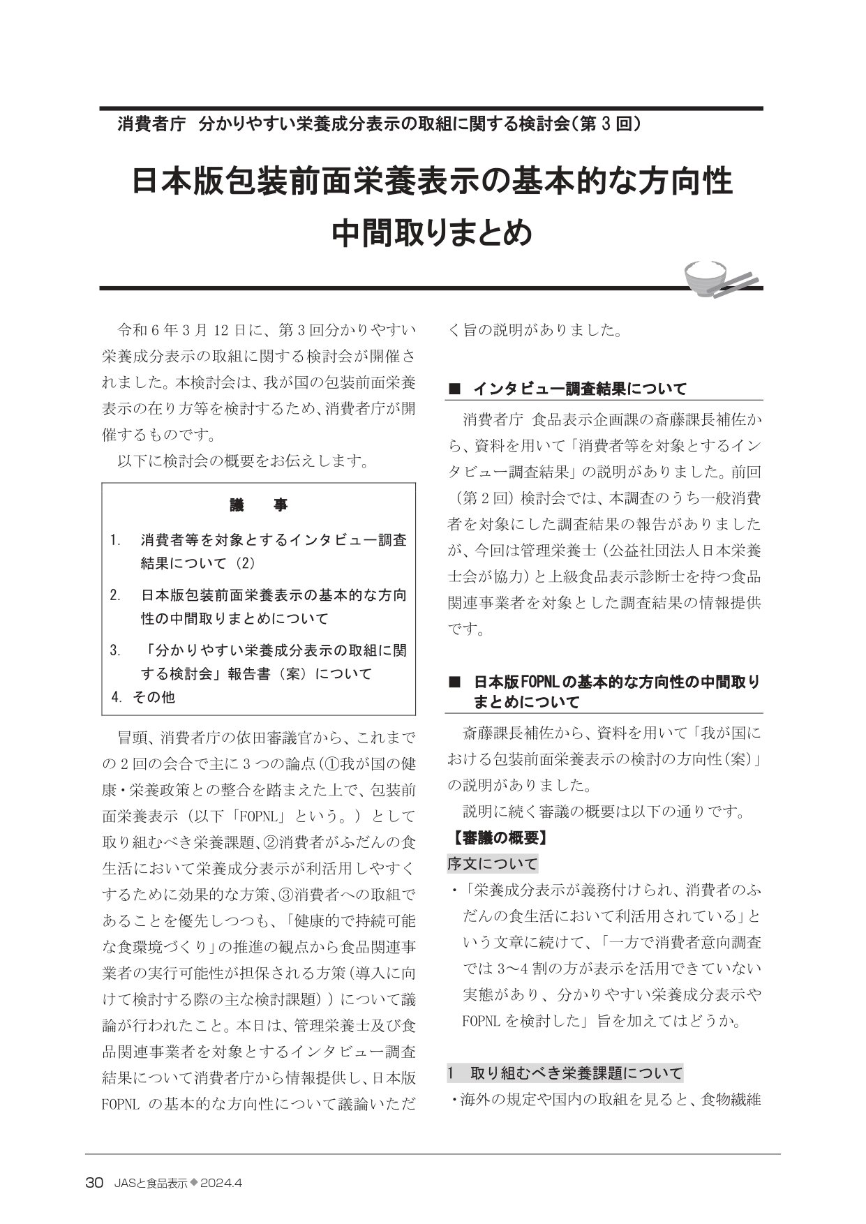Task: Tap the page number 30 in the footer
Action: [94, 1183]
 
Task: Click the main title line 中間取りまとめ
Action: [432, 234]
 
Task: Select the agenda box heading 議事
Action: [258, 505]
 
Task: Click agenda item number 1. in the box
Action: [116, 540]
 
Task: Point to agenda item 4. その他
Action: [144, 696]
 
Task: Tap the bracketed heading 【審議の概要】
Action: [498, 837]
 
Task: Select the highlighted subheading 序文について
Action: [493, 864]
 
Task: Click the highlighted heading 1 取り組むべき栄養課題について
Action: [565, 1073]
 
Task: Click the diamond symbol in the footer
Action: [194, 1183]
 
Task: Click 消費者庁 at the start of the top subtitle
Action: [151, 125]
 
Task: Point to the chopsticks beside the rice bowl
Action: [740, 280]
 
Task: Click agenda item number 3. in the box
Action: [116, 650]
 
